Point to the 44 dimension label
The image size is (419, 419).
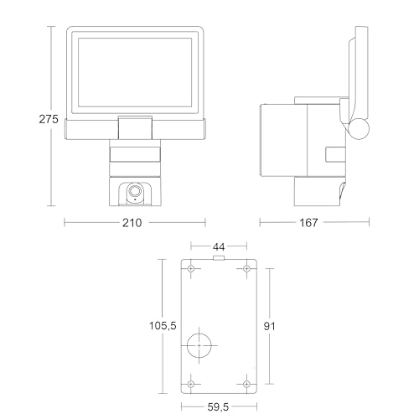tap(219, 246)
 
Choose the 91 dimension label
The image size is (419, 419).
tap(270, 326)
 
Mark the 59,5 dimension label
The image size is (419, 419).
tap(219, 408)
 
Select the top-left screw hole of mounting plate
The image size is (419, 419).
tap(191, 270)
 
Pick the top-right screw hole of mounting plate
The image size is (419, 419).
tap(246, 270)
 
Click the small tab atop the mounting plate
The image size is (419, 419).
tap(220, 257)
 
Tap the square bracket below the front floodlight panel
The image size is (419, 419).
tap(133, 127)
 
